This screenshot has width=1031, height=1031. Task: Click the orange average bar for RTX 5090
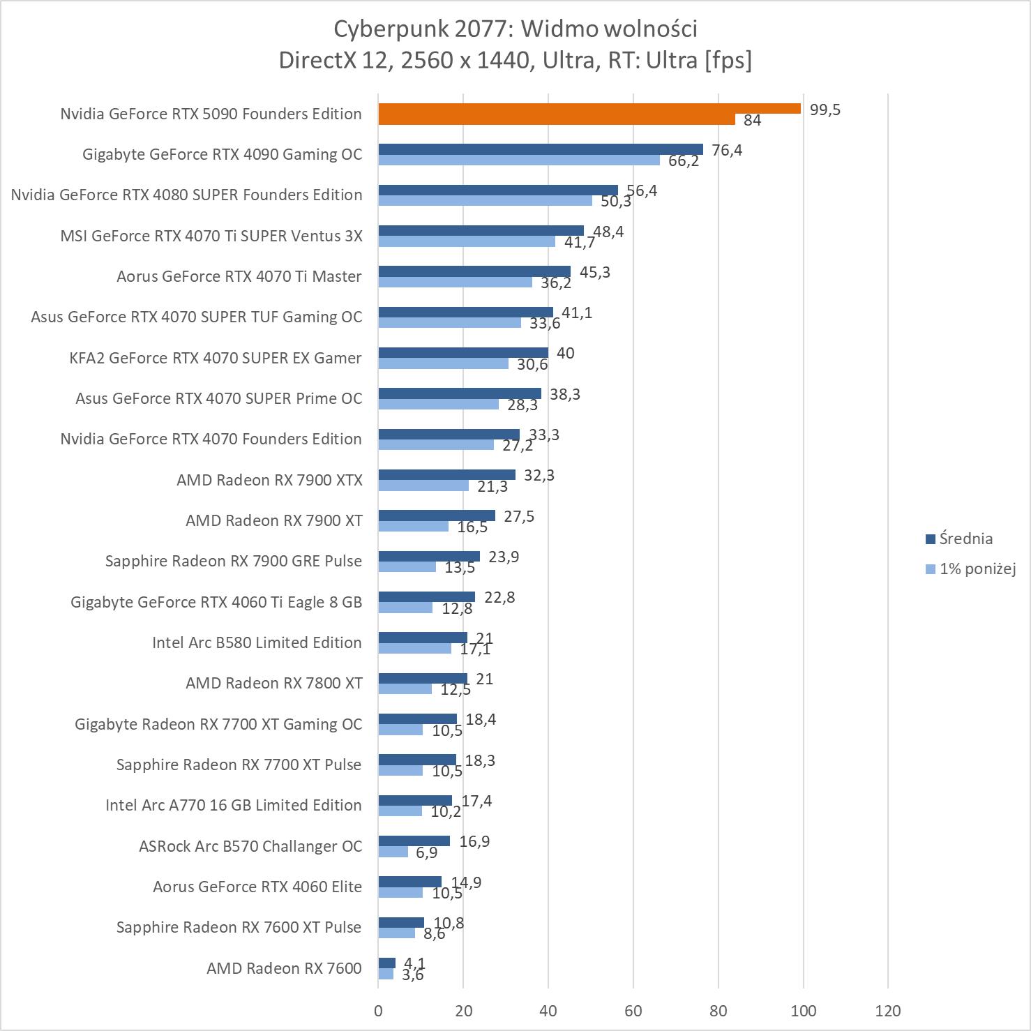point(589,108)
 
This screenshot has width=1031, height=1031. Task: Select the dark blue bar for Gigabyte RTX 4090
point(541,149)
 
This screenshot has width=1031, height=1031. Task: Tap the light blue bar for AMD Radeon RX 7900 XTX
point(423,486)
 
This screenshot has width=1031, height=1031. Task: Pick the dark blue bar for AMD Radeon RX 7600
point(387,963)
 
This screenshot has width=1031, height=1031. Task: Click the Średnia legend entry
point(965,539)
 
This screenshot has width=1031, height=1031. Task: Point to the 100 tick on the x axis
point(803,1011)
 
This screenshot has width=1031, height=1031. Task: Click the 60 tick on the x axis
point(633,1011)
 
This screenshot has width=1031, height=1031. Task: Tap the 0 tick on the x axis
point(378,1011)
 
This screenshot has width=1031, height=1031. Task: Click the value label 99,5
point(825,110)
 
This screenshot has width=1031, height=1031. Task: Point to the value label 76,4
point(727,150)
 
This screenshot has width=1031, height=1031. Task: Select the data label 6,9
point(426,852)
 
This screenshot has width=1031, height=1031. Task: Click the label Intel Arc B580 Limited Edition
point(257,642)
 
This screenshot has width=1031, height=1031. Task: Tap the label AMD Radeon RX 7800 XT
point(273,683)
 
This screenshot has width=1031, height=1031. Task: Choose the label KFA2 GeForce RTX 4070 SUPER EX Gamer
point(216,358)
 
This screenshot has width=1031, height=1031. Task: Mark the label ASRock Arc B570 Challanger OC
point(250,846)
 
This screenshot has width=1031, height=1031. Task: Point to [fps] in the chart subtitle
point(728,60)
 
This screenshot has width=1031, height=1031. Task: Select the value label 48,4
point(608,232)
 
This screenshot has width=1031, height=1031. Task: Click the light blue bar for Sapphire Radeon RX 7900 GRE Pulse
point(407,566)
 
